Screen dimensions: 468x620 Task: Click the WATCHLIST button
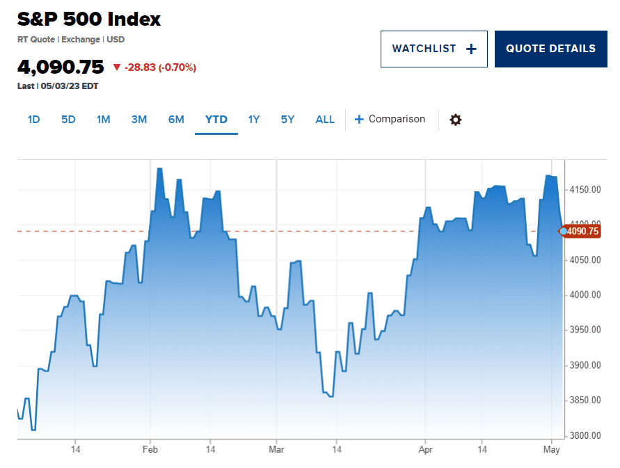pos(434,49)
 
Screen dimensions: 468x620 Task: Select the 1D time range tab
pos(33,120)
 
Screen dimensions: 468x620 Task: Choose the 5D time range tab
pos(68,120)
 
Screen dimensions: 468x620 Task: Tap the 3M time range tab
pos(139,120)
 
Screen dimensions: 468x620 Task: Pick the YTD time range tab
pos(216,120)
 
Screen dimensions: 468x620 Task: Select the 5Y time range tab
pos(287,120)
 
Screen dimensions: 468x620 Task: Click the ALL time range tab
pos(325,120)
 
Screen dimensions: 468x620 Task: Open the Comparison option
pos(390,119)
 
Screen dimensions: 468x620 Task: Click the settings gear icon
pos(455,120)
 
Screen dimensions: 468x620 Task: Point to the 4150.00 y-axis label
pos(585,190)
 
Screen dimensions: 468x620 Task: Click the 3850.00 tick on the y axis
pos(585,401)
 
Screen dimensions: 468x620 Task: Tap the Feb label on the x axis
pos(150,450)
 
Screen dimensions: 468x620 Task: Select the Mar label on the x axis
pos(276,450)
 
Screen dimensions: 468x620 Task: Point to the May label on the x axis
pos(551,450)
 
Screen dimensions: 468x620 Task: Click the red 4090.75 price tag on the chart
pos(582,232)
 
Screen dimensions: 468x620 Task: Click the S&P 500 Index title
pos(89,19)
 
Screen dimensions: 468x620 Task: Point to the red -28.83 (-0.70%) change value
pos(160,67)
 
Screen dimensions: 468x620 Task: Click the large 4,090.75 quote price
pos(61,67)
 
